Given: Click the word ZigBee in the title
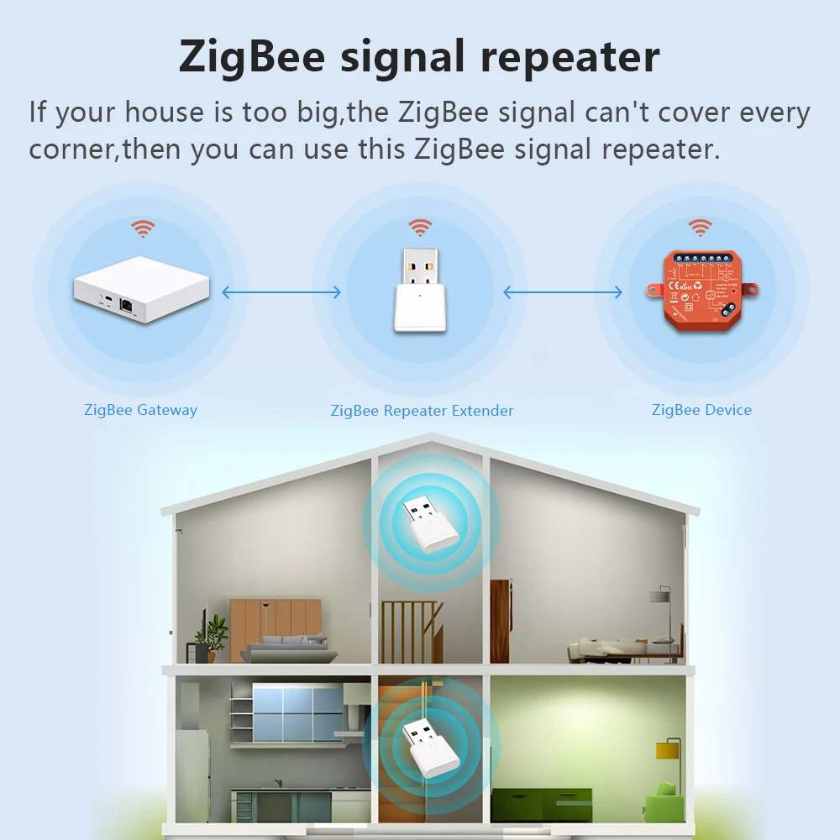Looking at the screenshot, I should tap(251, 56).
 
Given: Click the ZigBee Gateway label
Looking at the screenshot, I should tap(140, 410).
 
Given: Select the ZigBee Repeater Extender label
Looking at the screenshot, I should tap(422, 411).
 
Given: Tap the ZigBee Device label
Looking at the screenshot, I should tap(701, 410).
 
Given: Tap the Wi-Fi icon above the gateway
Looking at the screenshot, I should tap(143, 228).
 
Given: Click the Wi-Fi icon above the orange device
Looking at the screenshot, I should tap(700, 227).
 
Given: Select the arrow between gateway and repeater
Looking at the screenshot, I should tap(281, 292).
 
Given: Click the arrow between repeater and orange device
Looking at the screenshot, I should tap(562, 292).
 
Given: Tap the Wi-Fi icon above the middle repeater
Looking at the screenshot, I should tap(420, 227).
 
